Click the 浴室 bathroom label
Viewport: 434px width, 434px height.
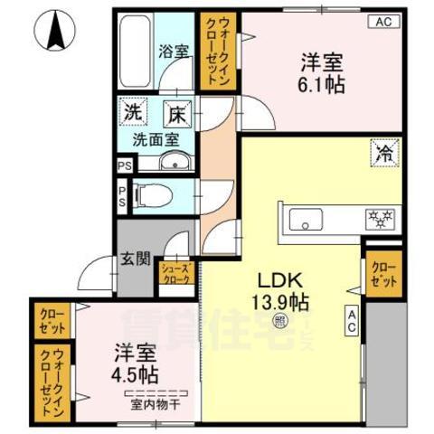tap(175, 51)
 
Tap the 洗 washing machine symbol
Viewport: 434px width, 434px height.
tap(132, 115)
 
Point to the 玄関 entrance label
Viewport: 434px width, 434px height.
tap(136, 260)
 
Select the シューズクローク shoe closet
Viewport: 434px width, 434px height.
tap(175, 273)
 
